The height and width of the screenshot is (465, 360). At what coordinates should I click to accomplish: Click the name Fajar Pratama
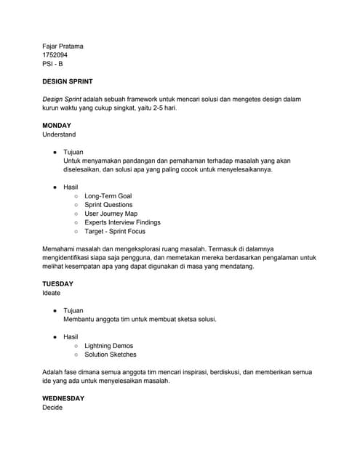(x=63, y=46)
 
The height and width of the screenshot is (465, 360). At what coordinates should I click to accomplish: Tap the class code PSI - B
(x=52, y=64)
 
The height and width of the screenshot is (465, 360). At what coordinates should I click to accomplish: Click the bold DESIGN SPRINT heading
(x=71, y=82)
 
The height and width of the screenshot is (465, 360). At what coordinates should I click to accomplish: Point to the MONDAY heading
(x=57, y=126)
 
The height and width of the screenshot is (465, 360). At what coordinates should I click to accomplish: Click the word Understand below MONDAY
(x=59, y=134)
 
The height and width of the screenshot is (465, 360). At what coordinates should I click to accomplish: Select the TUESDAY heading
(x=57, y=284)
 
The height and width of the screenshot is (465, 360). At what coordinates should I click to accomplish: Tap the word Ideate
(x=52, y=293)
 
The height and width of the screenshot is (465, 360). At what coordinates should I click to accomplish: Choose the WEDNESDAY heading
(x=63, y=399)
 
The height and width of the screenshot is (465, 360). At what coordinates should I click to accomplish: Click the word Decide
(x=52, y=408)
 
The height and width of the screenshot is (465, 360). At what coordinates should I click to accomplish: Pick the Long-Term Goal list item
(x=108, y=196)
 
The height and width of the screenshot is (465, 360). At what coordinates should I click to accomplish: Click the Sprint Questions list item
(x=108, y=205)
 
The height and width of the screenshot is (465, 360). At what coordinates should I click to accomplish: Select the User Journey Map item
(x=111, y=214)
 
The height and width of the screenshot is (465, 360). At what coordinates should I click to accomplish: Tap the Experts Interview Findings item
(x=122, y=222)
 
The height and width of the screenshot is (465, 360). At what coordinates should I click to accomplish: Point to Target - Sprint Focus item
(x=114, y=231)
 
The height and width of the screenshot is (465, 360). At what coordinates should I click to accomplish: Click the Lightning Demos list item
(x=108, y=346)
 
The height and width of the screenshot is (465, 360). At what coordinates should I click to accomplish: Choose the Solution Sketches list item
(x=110, y=355)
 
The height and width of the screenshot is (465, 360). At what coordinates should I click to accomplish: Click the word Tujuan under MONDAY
(x=73, y=153)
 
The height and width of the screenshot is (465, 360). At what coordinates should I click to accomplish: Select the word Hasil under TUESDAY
(x=71, y=337)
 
